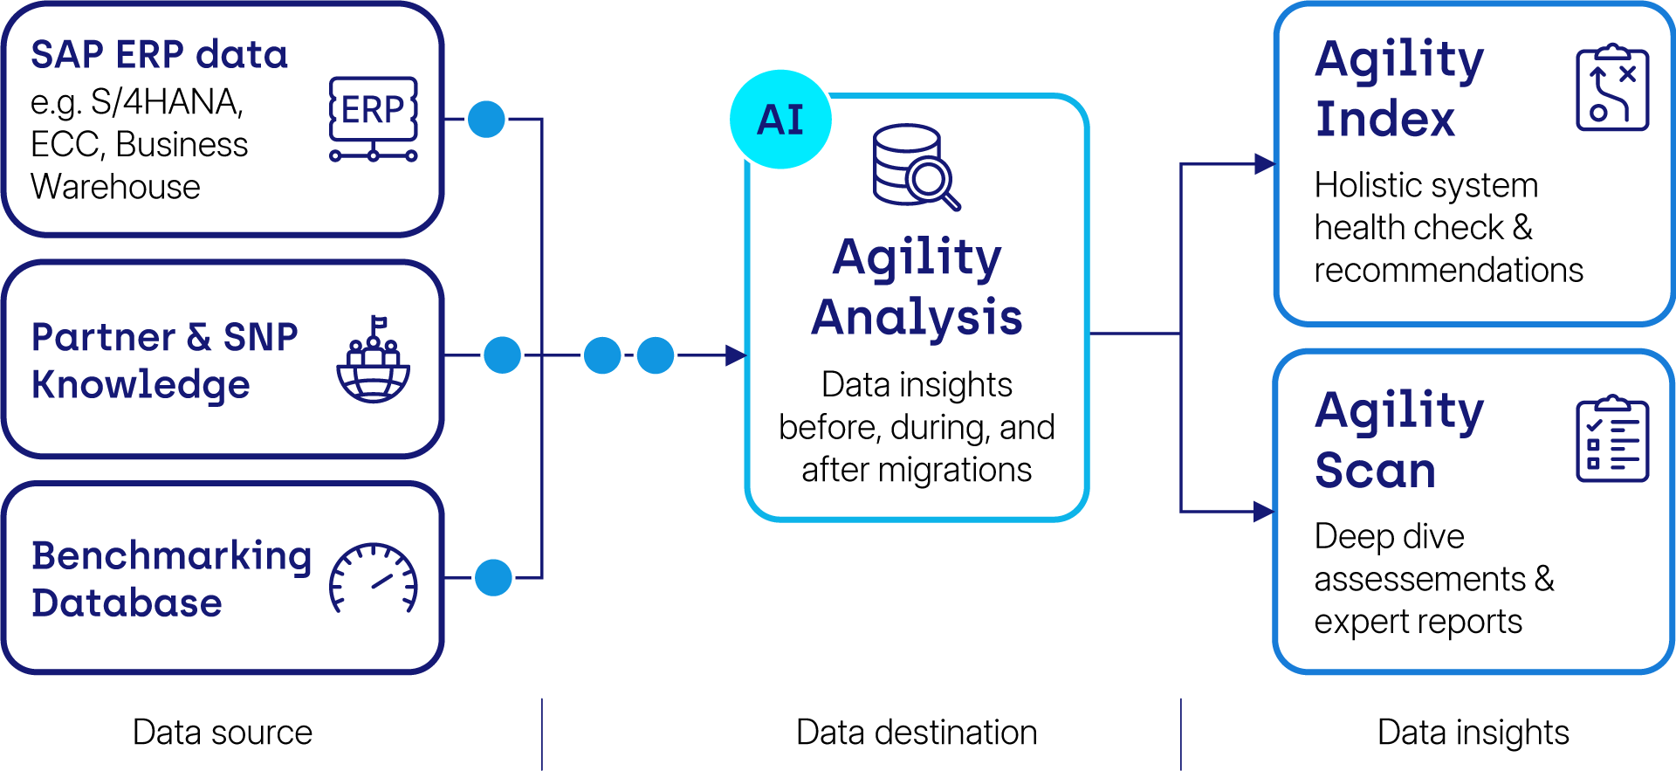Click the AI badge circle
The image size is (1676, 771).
pyautogui.click(x=780, y=119)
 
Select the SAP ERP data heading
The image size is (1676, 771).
pyautogui.click(x=159, y=54)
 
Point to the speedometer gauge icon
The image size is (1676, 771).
pyautogui.click(x=374, y=577)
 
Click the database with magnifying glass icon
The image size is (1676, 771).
pyautogui.click(x=916, y=167)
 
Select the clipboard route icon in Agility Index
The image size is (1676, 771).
pyautogui.click(x=1611, y=88)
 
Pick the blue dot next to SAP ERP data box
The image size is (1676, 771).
pyautogui.click(x=486, y=119)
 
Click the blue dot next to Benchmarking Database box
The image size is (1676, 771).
pyautogui.click(x=493, y=577)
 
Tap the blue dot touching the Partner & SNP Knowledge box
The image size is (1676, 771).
pyautogui.click(x=502, y=355)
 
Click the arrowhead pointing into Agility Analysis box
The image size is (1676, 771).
pyautogui.click(x=737, y=355)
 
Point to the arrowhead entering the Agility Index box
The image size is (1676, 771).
pyautogui.click(x=1264, y=163)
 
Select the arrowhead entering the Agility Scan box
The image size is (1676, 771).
pyautogui.click(x=1264, y=512)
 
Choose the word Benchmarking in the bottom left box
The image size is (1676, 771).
pyautogui.click(x=171, y=555)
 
